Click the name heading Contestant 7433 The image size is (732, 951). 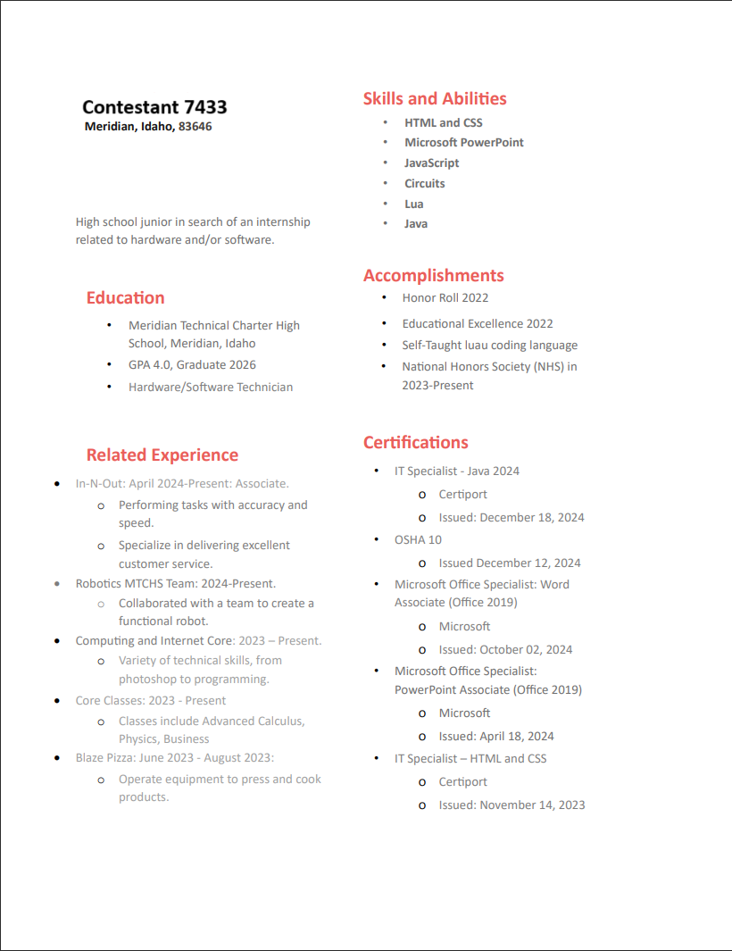click(x=154, y=107)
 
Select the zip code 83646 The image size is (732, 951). click(x=195, y=127)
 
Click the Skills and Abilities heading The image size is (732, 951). click(x=435, y=99)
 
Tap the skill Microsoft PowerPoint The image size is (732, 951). click(x=464, y=143)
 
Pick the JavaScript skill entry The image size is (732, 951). click(x=432, y=163)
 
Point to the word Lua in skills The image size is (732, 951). click(x=414, y=204)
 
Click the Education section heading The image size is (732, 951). click(x=126, y=298)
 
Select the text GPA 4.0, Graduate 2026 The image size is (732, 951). click(x=192, y=365)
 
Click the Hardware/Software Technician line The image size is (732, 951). click(x=211, y=388)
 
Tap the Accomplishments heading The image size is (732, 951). click(x=434, y=276)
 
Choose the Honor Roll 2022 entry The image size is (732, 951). click(x=445, y=298)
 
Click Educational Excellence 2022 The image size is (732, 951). click(x=478, y=324)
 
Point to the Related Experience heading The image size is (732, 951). click(x=162, y=455)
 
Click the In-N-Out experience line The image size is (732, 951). click(x=182, y=484)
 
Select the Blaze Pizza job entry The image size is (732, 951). click(x=175, y=758)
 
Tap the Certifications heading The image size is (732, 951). click(x=416, y=443)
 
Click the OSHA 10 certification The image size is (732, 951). click(x=418, y=540)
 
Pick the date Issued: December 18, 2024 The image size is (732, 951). click(x=512, y=518)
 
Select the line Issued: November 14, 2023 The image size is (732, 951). click(x=512, y=805)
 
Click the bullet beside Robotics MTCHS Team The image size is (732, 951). click(x=57, y=584)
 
